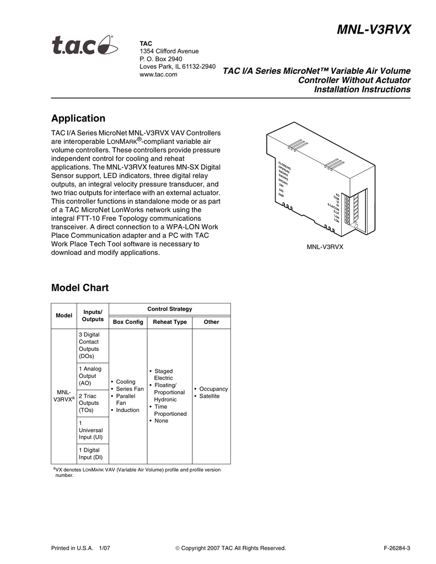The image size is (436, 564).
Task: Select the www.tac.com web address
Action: [158, 74]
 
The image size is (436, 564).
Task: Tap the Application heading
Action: [78, 118]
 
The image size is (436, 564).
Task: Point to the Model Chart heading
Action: [80, 288]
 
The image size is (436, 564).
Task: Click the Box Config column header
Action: [128, 322]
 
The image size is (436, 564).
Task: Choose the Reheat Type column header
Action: [169, 322]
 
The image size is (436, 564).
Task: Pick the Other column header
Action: [211, 322]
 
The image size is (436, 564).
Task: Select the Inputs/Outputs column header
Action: [93, 316]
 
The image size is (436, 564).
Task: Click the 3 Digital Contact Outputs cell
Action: [90, 345]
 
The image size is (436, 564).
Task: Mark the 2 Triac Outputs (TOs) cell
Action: [89, 403]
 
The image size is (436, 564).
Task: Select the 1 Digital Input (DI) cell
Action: [90, 453]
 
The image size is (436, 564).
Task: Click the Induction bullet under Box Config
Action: [127, 410]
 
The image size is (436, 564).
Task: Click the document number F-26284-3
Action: [397, 548]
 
